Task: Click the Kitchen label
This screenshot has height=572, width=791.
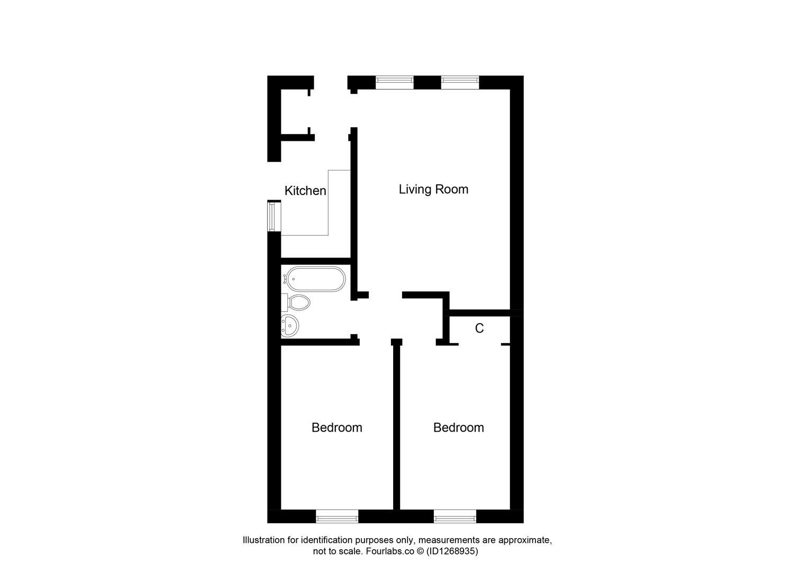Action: click(x=305, y=191)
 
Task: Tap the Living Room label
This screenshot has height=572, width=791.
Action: click(x=433, y=189)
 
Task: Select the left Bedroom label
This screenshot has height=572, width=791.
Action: click(x=337, y=427)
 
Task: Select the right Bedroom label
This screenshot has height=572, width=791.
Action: click(x=458, y=427)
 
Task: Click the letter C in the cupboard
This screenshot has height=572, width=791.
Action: click(x=479, y=328)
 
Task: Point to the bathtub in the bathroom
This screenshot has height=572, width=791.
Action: click(x=315, y=279)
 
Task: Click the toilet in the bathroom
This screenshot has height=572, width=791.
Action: click(x=297, y=303)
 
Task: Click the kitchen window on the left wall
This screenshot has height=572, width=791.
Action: click(x=274, y=216)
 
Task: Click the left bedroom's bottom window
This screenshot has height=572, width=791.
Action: click(x=337, y=516)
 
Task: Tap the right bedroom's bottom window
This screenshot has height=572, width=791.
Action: click(x=454, y=516)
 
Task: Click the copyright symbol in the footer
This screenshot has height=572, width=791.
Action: click(x=420, y=551)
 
